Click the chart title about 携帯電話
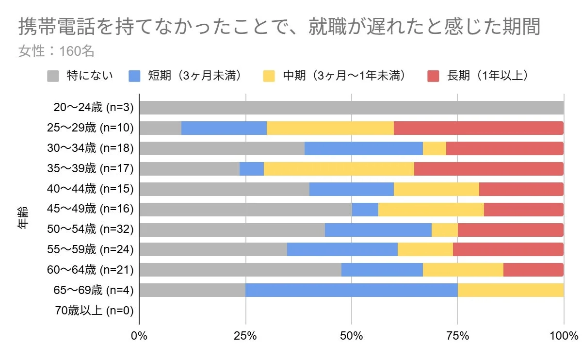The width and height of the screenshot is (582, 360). (279, 28)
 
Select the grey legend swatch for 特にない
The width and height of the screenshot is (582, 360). (53, 76)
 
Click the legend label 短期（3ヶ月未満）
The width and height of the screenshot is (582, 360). (194, 76)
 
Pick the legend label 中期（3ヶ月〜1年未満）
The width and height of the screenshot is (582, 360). (344, 76)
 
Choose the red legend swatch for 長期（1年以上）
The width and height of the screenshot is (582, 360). (434, 76)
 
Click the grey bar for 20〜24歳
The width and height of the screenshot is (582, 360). (351, 108)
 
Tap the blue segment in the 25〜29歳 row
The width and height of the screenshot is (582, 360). (224, 128)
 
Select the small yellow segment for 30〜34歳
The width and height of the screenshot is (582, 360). (435, 148)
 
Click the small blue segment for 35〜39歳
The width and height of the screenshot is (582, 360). (252, 169)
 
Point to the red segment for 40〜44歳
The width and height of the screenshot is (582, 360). (521, 189)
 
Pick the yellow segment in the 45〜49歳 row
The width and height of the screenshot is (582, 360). (431, 209)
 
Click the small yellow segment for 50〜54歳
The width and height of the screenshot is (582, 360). (445, 229)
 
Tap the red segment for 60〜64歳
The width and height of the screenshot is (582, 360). (533, 270)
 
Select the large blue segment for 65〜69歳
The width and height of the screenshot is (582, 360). (352, 290)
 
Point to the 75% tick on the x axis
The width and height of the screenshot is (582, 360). (457, 336)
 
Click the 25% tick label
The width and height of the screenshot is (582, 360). (245, 336)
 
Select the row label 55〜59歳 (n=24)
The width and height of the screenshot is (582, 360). (90, 249)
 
